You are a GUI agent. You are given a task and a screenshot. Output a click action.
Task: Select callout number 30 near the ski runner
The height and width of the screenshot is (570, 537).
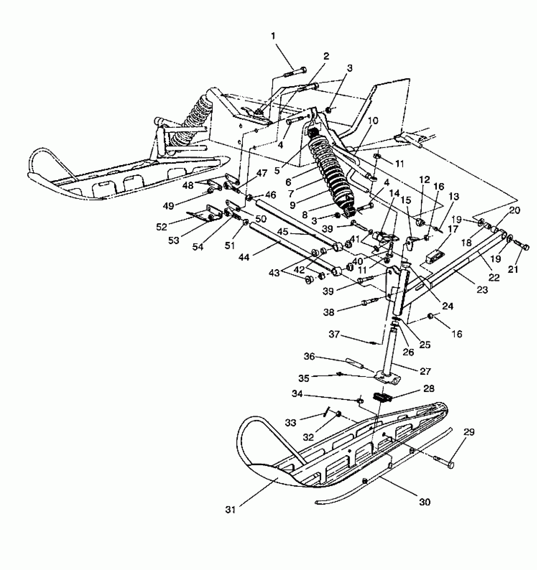point(425,502)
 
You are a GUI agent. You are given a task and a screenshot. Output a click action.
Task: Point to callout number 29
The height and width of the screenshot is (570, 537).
point(469,432)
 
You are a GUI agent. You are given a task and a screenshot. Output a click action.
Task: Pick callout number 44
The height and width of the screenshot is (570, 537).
point(244,258)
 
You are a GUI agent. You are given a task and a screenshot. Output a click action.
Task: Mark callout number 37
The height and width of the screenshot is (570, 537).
point(334,334)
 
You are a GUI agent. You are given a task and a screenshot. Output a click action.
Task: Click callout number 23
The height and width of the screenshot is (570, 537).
point(482,289)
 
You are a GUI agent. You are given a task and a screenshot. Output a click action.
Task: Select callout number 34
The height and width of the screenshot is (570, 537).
point(297,394)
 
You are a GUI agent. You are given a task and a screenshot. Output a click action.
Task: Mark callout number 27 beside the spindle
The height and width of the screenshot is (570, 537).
point(425,371)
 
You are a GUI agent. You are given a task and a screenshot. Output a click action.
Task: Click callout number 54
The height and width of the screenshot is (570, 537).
point(198,246)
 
